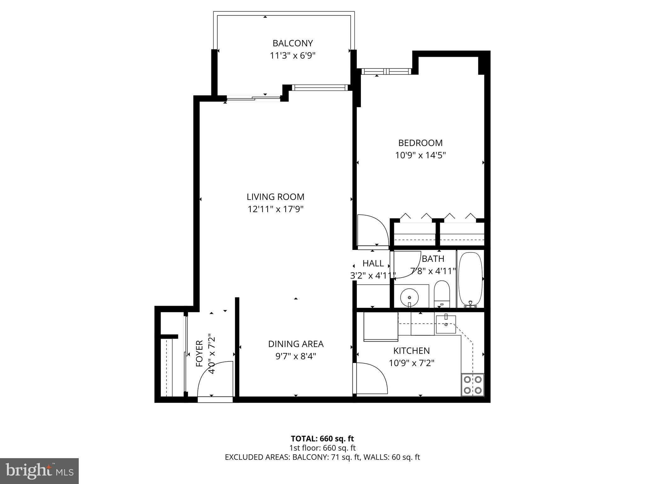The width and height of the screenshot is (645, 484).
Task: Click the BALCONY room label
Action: coord(293,43)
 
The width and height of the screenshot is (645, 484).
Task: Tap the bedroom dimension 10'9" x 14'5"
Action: coord(420,155)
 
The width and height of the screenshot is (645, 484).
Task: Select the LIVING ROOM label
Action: coord(275,197)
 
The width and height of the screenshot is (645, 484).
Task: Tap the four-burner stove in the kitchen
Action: coord(472,385)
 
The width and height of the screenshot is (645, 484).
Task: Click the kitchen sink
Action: coord(446,324)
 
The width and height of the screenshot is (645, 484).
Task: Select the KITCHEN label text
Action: coord(411,351)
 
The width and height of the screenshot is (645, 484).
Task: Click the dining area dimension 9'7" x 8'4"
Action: coord(295,356)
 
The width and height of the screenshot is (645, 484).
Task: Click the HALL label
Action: coord(373,263)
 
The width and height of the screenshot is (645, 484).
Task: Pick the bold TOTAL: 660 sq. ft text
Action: coord(322,439)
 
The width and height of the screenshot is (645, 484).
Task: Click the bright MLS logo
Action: coord(39,471)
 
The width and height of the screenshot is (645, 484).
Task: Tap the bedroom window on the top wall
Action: coord(386,72)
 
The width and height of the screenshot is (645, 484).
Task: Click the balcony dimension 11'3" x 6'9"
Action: coord(293,56)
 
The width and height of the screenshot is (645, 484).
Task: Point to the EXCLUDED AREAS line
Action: coord(322,457)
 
